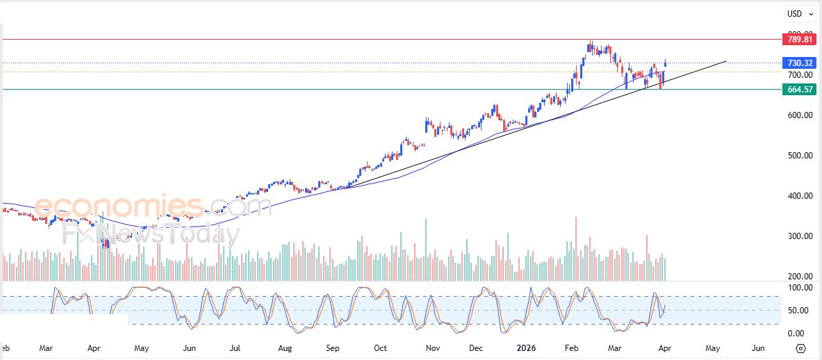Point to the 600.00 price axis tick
pyautogui.click(x=800, y=115)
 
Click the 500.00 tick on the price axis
pyautogui.click(x=800, y=156)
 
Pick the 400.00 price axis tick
pyautogui.click(x=800, y=196)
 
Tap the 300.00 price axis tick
pyautogui.click(x=800, y=236)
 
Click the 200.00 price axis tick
pyautogui.click(x=800, y=277)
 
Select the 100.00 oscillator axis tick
pyautogui.click(x=800, y=288)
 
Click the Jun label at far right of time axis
pyautogui.click(x=758, y=347)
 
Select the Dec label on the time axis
pyautogui.click(x=476, y=347)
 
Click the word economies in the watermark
pyautogui.click(x=118, y=206)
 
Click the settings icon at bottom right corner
pyautogui.click(x=800, y=348)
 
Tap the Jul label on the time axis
pyautogui.click(x=235, y=347)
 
